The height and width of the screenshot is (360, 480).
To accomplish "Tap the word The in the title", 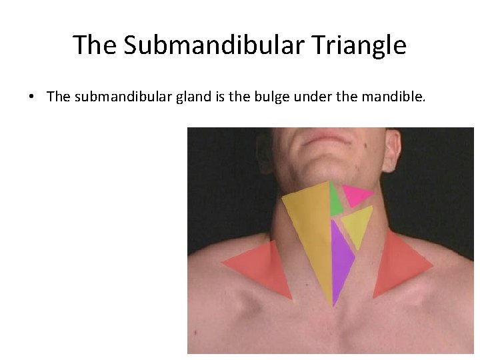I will (95, 45).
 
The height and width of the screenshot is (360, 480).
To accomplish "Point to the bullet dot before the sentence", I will (31, 97).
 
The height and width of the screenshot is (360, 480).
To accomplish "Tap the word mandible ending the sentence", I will (393, 97).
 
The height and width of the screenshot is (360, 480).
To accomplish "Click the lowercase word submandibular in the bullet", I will (113, 97).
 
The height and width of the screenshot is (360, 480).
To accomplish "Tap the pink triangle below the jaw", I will (355, 194).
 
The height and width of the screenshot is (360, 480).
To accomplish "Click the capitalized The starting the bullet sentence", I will (58, 97).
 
